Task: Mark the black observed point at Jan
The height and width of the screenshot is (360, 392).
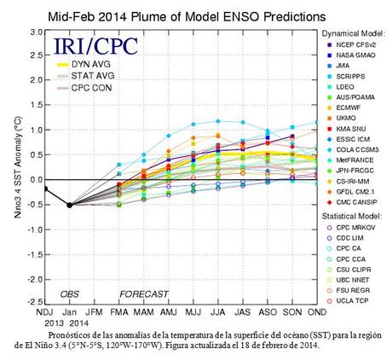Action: tap(69, 205)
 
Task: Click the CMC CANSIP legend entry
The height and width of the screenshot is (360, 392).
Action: tap(354, 202)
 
